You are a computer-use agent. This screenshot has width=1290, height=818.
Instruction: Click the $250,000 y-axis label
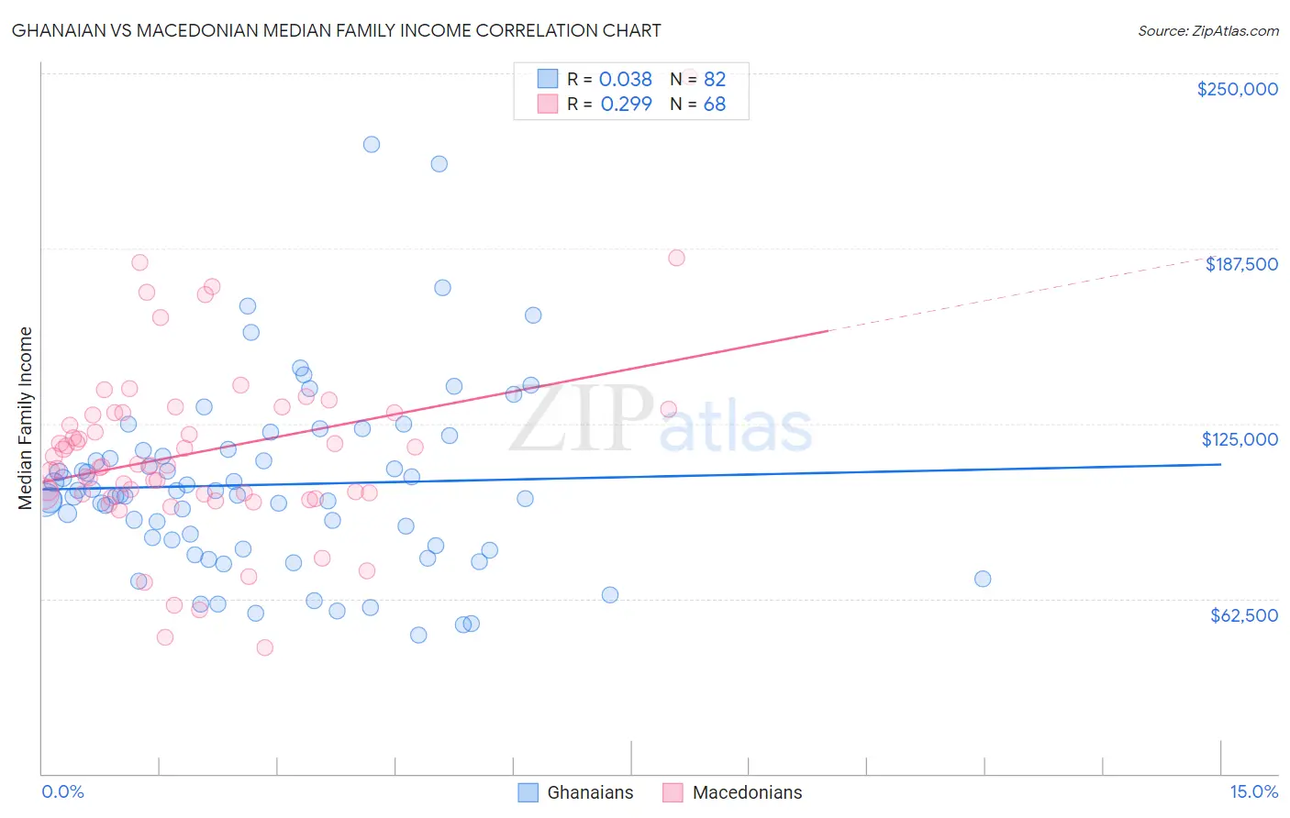pos(1237,89)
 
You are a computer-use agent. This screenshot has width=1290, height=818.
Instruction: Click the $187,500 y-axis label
pos(1240,264)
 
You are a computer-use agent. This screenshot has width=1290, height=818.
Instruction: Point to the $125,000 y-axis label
pos(1240,439)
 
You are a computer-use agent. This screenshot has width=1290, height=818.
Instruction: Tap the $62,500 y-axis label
pos(1243,615)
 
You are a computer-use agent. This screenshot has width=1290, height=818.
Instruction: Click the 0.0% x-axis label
pos(62,792)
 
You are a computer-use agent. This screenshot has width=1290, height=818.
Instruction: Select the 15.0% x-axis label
pos(1253,792)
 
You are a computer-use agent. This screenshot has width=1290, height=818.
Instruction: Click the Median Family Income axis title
pos(26,418)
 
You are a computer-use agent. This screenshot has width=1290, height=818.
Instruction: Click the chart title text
pos(336,30)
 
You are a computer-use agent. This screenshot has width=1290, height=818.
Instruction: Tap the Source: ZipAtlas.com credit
pos(1207,31)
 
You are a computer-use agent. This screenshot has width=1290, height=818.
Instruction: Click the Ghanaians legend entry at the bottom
pos(590,792)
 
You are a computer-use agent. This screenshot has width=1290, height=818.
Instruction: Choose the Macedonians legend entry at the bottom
pos(747,792)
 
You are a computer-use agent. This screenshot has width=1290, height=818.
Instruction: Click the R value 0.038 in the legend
pos(625,79)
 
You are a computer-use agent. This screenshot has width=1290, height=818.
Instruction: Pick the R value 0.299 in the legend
pos(626,105)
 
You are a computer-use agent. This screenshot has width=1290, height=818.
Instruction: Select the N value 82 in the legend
pos(715,79)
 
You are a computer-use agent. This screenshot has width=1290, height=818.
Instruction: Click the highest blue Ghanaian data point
pos(372,144)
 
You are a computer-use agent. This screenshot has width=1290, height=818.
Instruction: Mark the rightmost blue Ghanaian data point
pos(983,579)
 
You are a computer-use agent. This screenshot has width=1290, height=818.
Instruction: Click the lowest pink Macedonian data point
pos(265,647)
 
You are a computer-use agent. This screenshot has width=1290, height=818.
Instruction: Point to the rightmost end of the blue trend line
pos(1220,464)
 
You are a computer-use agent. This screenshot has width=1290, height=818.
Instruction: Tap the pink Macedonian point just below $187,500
pos(676,258)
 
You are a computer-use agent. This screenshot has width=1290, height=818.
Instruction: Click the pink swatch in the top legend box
pos(548,105)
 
